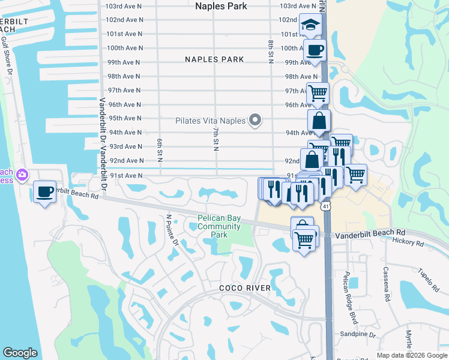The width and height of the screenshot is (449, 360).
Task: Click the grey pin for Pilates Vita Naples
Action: (255, 120)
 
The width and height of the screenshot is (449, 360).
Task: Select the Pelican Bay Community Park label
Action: (219, 227)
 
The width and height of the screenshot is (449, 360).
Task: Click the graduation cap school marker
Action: (310, 25)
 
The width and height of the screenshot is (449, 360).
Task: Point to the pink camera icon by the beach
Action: (22, 175)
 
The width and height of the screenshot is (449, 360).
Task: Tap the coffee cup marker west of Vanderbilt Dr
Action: (44, 191)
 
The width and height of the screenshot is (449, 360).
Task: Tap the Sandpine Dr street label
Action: (357, 335)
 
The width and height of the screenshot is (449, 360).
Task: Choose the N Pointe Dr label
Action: (172, 230)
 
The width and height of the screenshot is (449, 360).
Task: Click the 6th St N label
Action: (160, 149)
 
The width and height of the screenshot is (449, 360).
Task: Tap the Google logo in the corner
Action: (20, 353)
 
